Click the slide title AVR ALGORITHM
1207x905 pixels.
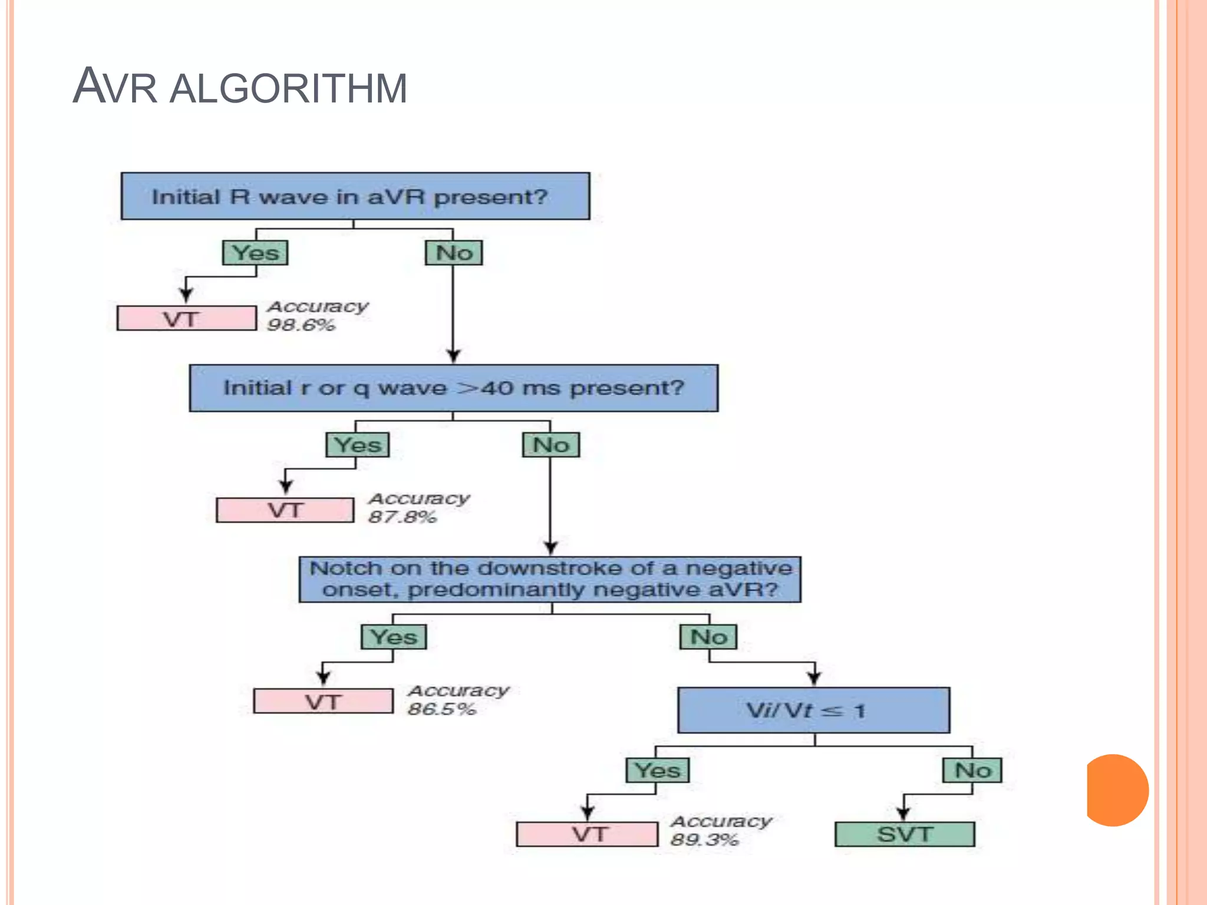[x=239, y=87]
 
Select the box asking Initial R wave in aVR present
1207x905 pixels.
[x=355, y=196]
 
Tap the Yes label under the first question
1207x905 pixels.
[x=255, y=253]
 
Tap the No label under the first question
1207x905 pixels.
[x=454, y=253]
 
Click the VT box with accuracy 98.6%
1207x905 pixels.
[x=186, y=319]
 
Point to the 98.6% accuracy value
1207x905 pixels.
[x=301, y=325]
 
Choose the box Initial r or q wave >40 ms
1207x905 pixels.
[x=453, y=388]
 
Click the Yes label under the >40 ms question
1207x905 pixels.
[x=358, y=445]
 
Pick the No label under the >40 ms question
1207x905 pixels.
[x=550, y=445]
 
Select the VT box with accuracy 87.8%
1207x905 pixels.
[x=285, y=510]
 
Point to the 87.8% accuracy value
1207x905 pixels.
[x=402, y=517]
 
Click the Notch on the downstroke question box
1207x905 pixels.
[x=550, y=579]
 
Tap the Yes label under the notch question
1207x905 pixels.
[x=393, y=637]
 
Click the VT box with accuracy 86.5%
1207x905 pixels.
[x=323, y=701]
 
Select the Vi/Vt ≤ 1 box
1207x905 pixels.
[x=813, y=710]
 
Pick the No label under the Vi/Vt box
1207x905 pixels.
[x=972, y=770]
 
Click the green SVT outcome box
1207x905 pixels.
[x=905, y=834]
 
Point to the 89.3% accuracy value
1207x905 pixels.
[x=704, y=840]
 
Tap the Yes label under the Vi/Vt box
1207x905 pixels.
[x=657, y=770]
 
